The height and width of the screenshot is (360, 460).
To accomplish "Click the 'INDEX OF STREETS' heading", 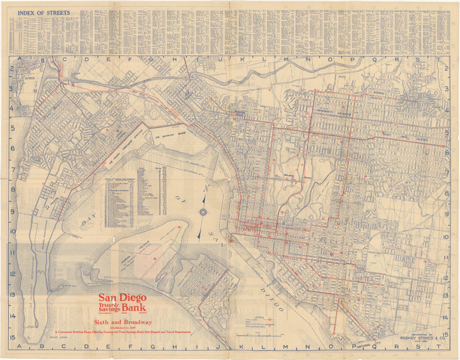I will (x=43, y=13).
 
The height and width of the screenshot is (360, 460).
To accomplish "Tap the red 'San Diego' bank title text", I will (x=122, y=298).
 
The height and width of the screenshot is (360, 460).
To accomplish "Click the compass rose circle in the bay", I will (x=203, y=212).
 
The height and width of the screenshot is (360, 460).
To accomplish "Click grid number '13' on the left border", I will (x=13, y=295).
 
